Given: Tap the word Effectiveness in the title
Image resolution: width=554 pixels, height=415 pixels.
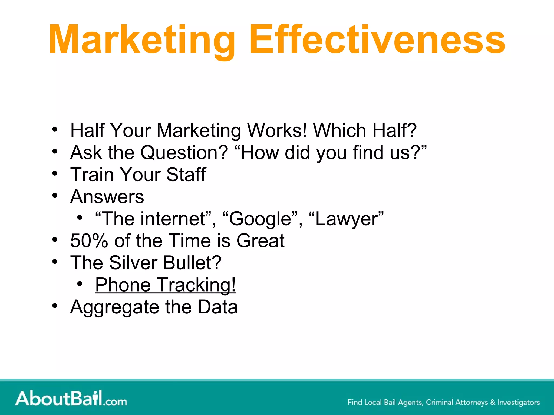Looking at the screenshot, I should pyautogui.click(x=377, y=40).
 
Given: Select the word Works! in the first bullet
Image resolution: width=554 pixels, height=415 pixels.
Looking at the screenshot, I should pyautogui.click(x=277, y=130).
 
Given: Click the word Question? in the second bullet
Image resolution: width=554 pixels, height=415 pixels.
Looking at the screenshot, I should pyautogui.click(x=184, y=153).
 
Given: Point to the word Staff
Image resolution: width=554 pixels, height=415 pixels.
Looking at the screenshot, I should pyautogui.click(x=186, y=175).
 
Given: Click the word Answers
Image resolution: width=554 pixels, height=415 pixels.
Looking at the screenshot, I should pyautogui.click(x=107, y=197).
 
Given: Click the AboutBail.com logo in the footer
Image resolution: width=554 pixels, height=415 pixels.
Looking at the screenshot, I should pyautogui.click(x=71, y=399).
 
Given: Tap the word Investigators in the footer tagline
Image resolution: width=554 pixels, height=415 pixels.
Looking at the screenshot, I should pyautogui.click(x=519, y=402).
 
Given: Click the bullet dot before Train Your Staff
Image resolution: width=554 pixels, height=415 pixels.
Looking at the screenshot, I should pyautogui.click(x=55, y=173).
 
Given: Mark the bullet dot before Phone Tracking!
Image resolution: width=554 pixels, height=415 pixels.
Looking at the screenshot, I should pyautogui.click(x=80, y=284).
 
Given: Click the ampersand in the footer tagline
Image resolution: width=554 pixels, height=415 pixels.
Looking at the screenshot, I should pyautogui.click(x=493, y=402).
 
